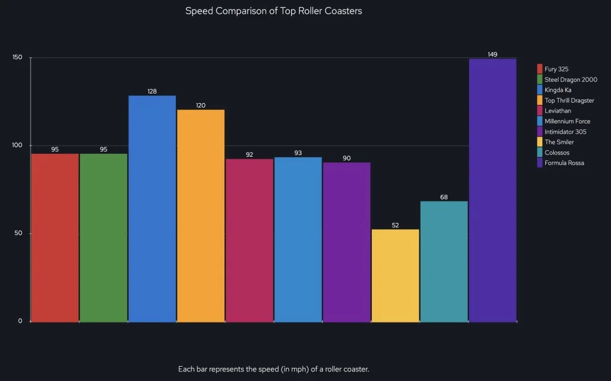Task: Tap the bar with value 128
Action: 152,209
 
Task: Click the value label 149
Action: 492,54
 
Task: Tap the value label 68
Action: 444,197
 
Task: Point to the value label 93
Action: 298,153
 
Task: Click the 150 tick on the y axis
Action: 17,57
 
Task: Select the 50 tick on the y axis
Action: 18,233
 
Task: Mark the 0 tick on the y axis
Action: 20,321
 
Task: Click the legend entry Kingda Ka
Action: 558,90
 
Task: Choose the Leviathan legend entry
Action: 558,111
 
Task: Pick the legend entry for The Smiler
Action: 559,142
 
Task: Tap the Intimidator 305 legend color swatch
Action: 539,132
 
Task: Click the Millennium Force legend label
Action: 567,121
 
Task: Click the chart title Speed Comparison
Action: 273,11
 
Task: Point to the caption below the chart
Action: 273,369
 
